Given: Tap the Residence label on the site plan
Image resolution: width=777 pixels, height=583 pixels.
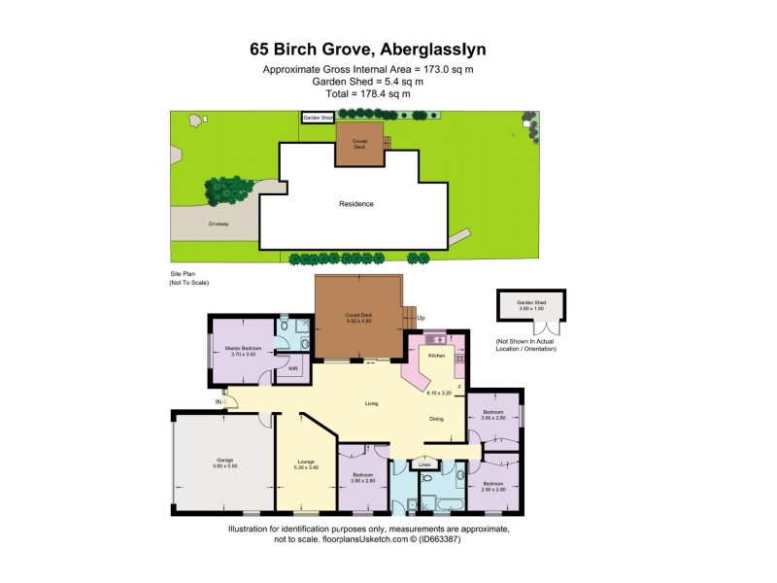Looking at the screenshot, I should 355,204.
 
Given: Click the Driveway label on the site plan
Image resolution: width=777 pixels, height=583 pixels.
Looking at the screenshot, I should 218,223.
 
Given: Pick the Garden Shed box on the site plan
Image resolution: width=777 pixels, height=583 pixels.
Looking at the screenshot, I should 318,118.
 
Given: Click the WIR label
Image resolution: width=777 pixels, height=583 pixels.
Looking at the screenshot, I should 292,369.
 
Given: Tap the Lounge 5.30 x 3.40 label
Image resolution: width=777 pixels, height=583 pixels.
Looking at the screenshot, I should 304,463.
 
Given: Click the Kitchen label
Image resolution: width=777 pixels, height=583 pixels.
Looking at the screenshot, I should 436,356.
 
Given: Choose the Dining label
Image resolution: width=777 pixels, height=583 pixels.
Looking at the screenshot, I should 437,419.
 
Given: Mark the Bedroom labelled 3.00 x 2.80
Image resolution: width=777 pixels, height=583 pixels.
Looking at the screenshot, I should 493,415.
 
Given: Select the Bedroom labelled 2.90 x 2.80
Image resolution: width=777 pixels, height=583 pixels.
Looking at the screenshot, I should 493,486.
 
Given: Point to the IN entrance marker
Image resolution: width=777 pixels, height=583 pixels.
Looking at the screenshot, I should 219,400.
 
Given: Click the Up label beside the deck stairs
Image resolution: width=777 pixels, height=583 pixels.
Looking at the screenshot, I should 421,318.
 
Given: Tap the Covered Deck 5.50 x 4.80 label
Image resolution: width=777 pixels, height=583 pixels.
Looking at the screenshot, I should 358,318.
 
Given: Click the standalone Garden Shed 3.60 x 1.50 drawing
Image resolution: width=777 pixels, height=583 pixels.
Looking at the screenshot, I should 531,306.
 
